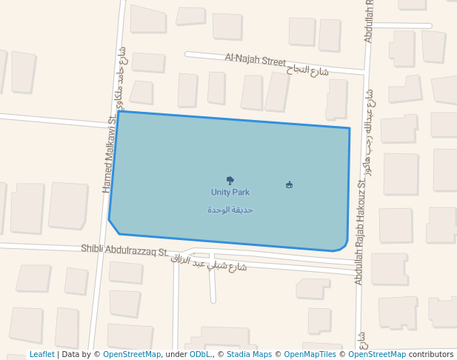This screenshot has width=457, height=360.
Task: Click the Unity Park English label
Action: (230, 192)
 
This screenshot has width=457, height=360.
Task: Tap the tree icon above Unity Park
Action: (230, 180)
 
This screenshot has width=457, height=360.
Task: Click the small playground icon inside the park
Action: (289, 184)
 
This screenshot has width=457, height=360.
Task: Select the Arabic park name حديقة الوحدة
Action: (230, 210)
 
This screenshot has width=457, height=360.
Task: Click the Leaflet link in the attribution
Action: (41, 355)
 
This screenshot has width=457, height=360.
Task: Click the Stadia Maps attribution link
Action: (249, 355)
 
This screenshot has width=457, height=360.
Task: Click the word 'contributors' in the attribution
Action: (430, 355)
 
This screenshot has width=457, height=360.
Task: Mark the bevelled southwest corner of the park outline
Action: (113, 227)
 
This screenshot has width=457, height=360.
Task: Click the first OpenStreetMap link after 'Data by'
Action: (132, 355)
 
